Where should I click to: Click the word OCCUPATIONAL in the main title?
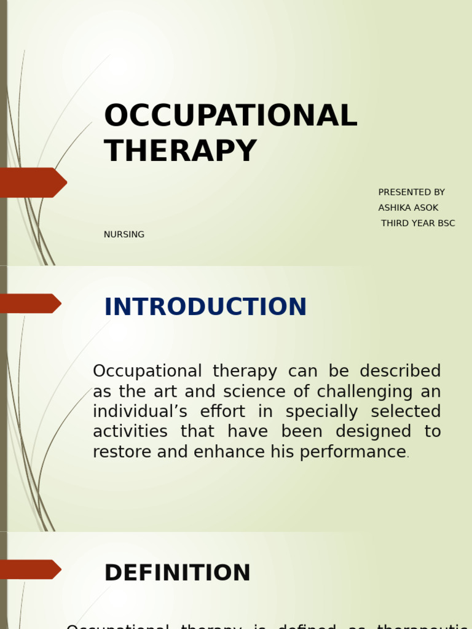point(230,116)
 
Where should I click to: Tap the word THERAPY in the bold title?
point(180,151)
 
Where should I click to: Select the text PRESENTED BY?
point(411,192)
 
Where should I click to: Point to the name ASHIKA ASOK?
point(408,208)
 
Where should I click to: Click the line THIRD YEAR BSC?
point(418,223)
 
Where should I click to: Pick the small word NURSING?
point(124,235)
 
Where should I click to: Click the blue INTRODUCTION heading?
point(205,307)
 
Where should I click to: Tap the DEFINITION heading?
point(177,573)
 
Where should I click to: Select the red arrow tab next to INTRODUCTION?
point(29,303)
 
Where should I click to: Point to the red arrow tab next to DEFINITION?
point(29,569)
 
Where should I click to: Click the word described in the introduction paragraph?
point(400,372)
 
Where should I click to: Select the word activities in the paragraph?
point(130,432)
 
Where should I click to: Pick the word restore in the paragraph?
point(122,452)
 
